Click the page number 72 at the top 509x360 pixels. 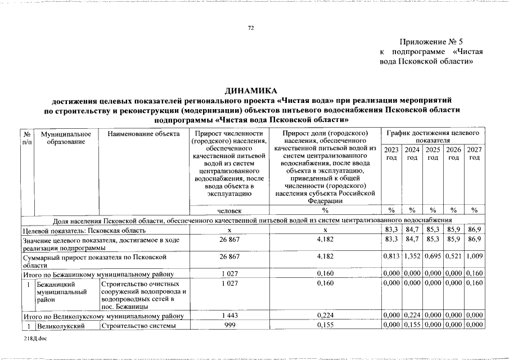click(x=251, y=28)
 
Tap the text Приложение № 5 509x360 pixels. click(x=431, y=42)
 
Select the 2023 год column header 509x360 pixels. click(x=391, y=154)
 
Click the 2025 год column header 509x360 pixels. click(x=433, y=154)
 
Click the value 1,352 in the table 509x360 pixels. click(x=412, y=256)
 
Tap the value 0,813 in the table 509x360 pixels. click(x=391, y=256)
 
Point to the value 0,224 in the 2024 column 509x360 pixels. click(x=412, y=316)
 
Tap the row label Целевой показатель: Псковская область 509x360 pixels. click(x=84, y=231)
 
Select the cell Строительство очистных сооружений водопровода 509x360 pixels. click(x=143, y=295)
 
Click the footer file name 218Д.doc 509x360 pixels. click(x=36, y=341)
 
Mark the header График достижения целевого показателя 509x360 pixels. click(x=433, y=136)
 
